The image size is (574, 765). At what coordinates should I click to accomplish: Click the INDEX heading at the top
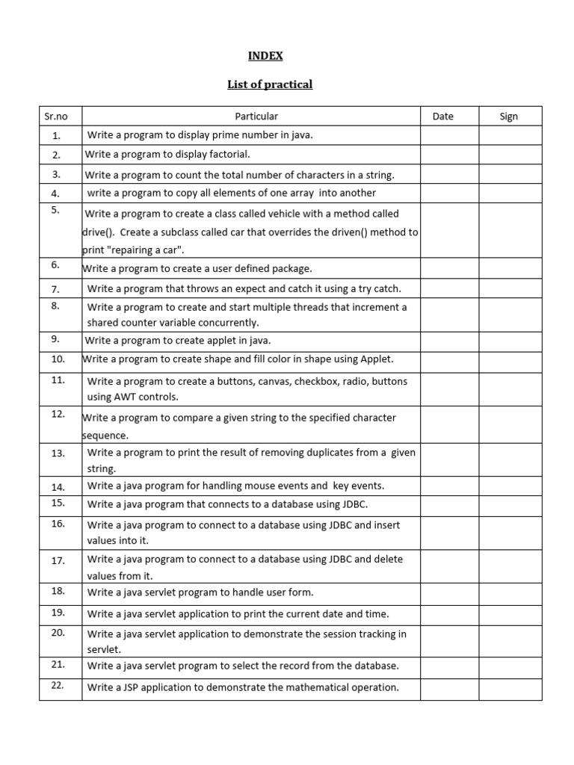pos(265,55)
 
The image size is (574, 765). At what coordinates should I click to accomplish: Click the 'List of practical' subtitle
pos(270,84)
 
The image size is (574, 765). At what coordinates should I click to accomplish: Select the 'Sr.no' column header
pos(56,117)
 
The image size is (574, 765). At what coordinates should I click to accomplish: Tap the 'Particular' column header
pos(256,117)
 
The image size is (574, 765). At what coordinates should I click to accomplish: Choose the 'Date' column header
pos(443,117)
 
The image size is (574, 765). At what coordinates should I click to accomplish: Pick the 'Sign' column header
pos(509,117)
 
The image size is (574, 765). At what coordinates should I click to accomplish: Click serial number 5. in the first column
pos(56,210)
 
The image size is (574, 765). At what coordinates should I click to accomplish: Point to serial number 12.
pos(58,414)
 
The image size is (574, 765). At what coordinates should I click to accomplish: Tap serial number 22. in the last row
pos(58,684)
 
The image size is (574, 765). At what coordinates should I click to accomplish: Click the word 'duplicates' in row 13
pos(351,453)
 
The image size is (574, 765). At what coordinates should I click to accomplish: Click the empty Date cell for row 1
pos(449,135)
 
